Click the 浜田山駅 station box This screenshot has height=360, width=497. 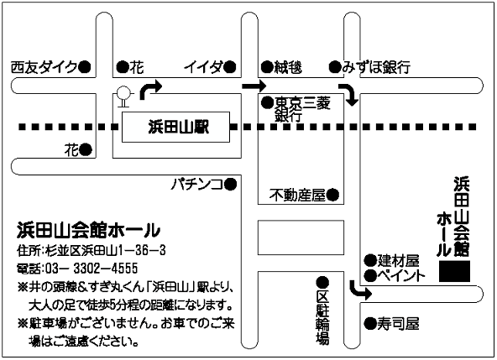click(x=176, y=127)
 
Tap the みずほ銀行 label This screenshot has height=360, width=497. click(x=376, y=67)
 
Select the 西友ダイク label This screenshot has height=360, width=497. click(x=44, y=67)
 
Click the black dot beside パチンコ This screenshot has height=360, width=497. click(x=230, y=184)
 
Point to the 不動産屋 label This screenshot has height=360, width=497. click(x=298, y=195)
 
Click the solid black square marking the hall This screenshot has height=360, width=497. click(x=454, y=271)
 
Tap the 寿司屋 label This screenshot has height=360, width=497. click(x=399, y=324)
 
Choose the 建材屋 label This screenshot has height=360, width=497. click(x=399, y=261)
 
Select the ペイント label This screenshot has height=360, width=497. click(x=400, y=276)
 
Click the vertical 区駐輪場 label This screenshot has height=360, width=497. click(x=322, y=317)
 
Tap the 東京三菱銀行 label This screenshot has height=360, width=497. click(x=302, y=109)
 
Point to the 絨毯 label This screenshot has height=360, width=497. click(x=288, y=67)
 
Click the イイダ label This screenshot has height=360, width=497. click(x=203, y=67)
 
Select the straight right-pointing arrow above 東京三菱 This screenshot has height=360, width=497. click(x=254, y=86)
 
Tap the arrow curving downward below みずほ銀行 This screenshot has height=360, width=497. click(x=349, y=94)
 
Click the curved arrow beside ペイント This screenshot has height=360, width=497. click(x=360, y=290)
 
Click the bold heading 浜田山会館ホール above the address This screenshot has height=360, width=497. click(x=88, y=231)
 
